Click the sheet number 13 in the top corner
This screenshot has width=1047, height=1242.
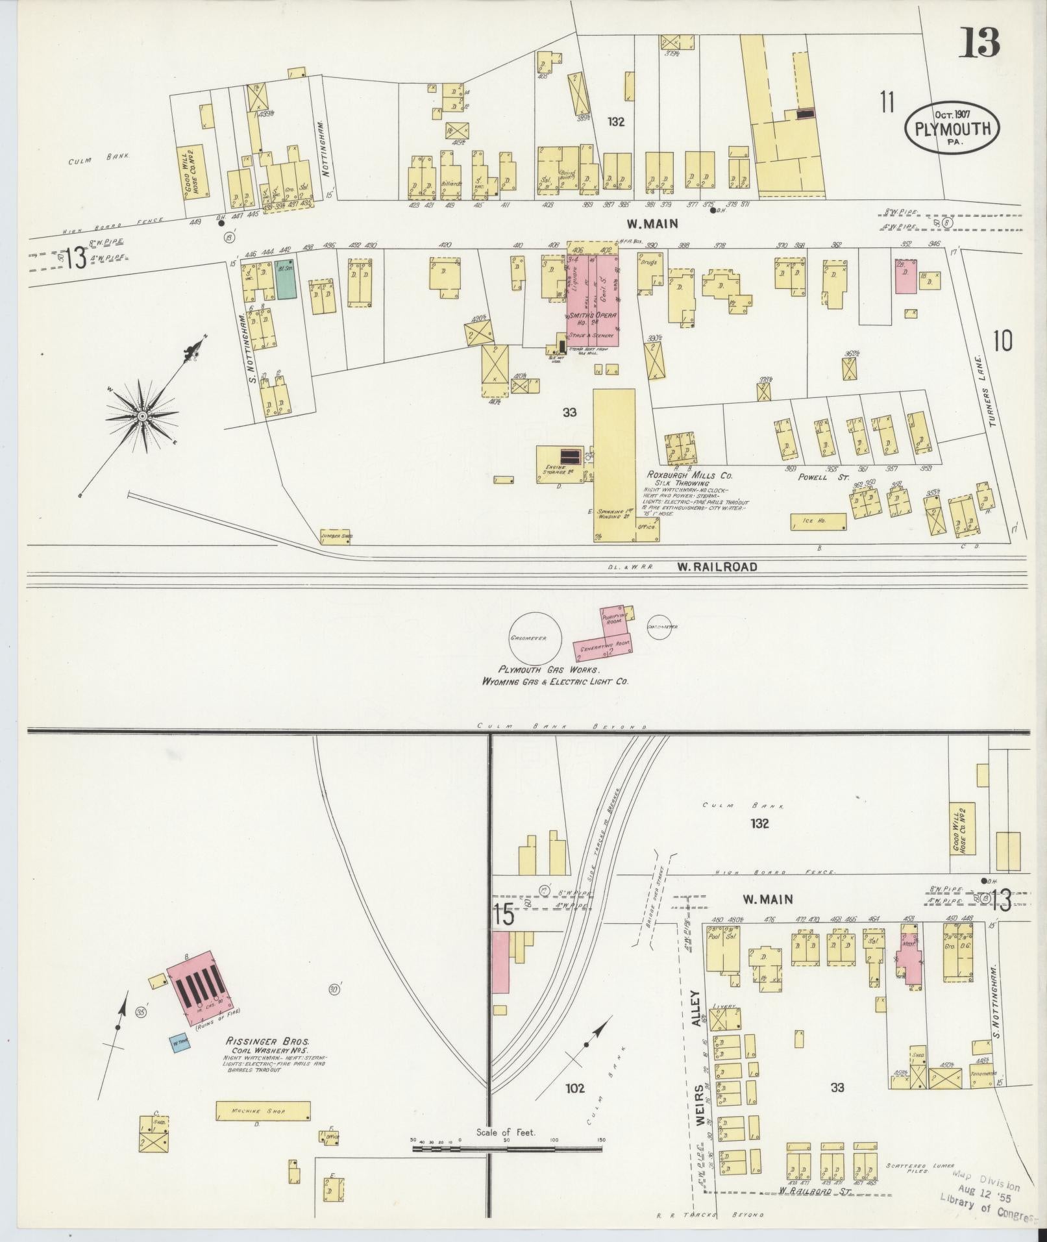981,43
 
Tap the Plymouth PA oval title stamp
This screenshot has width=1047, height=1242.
952,127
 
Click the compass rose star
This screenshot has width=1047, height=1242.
142,415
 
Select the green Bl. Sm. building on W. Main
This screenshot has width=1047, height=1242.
286,280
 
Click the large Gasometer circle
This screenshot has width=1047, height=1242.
528,638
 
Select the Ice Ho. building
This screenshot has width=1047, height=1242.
818,521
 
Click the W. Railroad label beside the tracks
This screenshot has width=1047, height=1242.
717,567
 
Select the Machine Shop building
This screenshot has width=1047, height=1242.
262,1111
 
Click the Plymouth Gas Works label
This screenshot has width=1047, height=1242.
549,669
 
